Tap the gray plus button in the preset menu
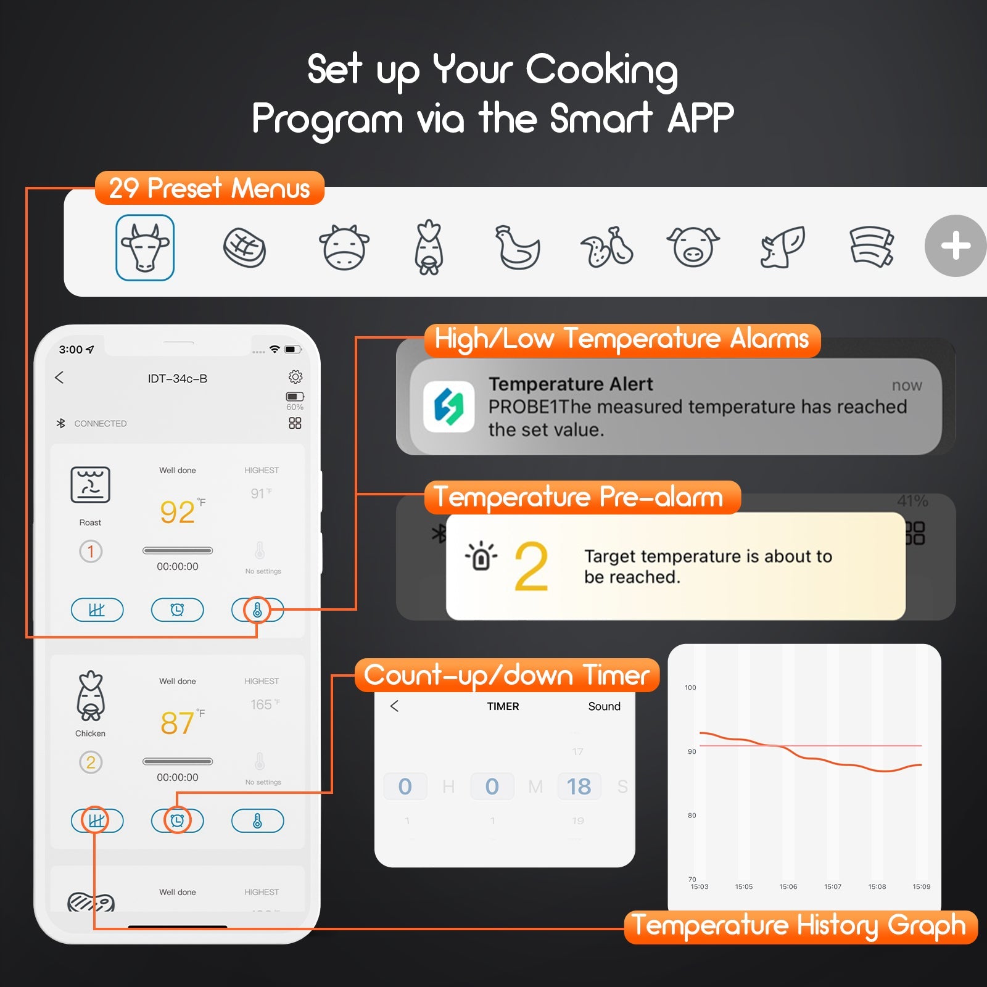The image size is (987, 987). (956, 246)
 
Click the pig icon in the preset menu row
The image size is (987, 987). (693, 246)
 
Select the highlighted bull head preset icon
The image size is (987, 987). (145, 247)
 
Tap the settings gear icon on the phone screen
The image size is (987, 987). (295, 376)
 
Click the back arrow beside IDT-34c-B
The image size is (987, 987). (59, 378)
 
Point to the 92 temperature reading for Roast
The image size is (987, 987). (178, 512)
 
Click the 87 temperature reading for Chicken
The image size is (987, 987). (178, 723)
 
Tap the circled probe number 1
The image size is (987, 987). (91, 551)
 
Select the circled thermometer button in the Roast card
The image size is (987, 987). (257, 610)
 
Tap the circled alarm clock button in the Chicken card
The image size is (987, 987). (177, 820)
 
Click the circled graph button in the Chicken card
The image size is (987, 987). (96, 820)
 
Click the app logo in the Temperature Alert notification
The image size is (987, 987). (448, 407)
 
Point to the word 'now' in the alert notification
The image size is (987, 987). (906, 386)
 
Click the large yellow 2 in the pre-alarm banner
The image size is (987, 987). (531, 566)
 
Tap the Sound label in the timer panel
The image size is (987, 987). (604, 706)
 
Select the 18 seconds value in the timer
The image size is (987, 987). (579, 787)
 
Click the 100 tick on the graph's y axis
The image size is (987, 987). (690, 687)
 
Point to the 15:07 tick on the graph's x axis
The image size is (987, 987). (832, 886)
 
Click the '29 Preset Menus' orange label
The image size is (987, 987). (209, 188)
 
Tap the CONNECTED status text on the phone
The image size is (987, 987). (100, 424)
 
